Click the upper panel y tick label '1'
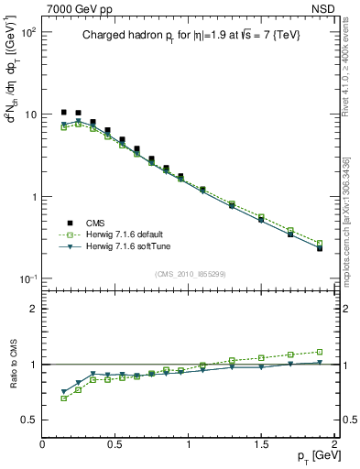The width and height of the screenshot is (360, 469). point(33,197)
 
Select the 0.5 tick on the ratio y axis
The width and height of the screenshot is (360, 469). point(27,420)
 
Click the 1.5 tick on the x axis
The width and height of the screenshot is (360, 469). point(261,444)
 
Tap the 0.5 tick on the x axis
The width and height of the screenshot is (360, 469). point(115,444)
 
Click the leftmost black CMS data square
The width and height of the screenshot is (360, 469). point(64,112)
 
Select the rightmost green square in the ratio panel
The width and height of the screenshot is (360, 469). point(320,351)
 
